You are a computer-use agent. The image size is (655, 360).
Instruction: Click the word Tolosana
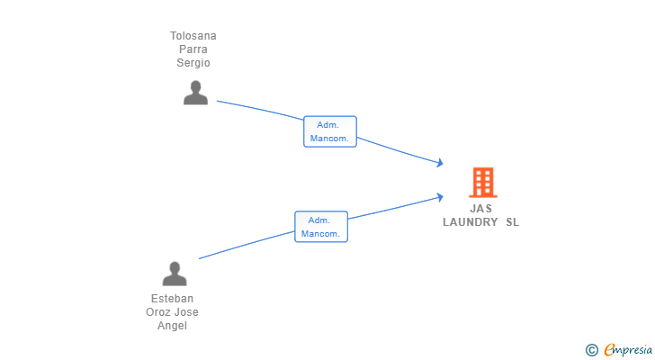(193, 36)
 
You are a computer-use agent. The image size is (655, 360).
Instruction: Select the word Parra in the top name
(193, 49)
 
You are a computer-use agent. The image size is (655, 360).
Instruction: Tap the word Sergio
(193, 63)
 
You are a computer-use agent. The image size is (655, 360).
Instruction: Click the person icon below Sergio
(195, 93)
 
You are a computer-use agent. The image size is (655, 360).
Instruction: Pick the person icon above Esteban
(175, 274)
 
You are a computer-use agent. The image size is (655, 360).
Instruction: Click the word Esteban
(172, 299)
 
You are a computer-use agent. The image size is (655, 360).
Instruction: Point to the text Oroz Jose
(172, 312)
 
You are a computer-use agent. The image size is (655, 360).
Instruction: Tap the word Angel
(172, 326)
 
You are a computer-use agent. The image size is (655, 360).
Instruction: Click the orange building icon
(483, 182)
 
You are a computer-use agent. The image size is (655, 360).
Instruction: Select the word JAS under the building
(481, 209)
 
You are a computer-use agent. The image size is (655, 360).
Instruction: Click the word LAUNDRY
(470, 222)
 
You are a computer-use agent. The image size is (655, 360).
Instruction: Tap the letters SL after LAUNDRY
(512, 222)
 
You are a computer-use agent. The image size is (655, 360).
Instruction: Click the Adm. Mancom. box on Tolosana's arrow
(330, 131)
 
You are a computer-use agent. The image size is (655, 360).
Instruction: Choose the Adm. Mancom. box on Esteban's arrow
(321, 227)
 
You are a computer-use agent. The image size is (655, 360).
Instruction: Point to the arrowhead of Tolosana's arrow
(440, 163)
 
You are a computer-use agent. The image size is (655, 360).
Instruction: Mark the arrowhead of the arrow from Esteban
(440, 195)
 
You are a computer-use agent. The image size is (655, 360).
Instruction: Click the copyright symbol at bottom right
(591, 349)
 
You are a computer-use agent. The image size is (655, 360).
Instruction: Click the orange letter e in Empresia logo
(609, 349)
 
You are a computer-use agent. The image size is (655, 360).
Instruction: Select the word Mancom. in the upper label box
(330, 139)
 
